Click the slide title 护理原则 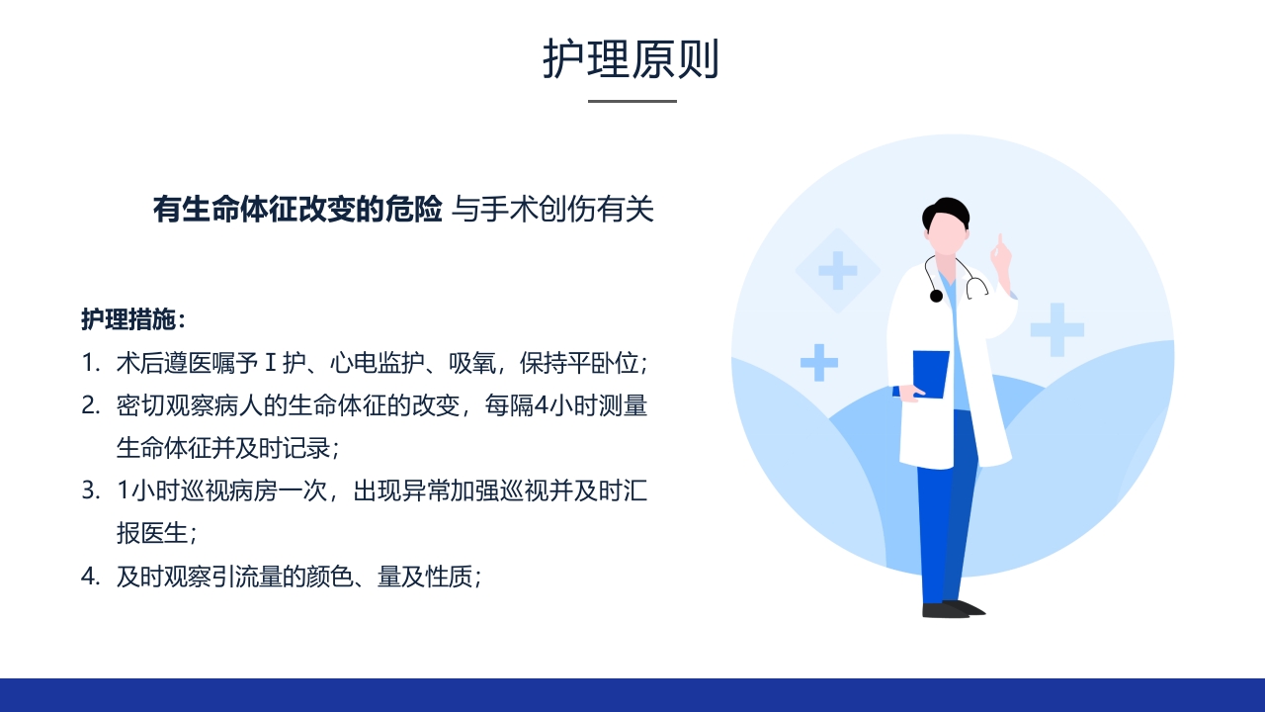pos(631,59)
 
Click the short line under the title pos(632,101)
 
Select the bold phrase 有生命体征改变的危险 pos(297,210)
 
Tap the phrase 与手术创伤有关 pos(553,210)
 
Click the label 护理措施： pos(133,319)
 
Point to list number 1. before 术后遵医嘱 pos(91,363)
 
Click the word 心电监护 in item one pos(379,363)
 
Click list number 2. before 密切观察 pos(91,405)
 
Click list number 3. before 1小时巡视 pos(91,490)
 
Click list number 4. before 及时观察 pos(91,577)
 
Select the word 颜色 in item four pos(333,577)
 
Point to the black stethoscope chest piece pos(936,295)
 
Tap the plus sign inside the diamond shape pos(838,270)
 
